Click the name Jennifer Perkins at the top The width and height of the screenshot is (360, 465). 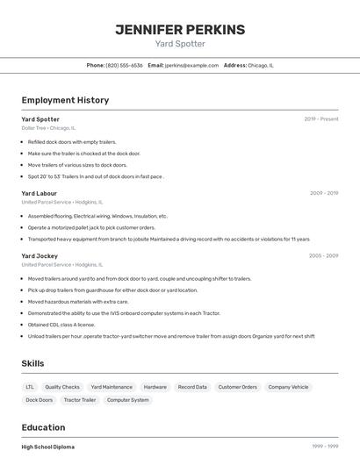point(180,30)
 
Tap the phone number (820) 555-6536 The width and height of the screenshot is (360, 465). point(124,65)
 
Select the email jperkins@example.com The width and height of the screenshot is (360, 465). point(191,65)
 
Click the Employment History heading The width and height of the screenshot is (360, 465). point(65,100)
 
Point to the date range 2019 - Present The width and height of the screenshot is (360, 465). point(320,118)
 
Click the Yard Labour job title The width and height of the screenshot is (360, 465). point(39,193)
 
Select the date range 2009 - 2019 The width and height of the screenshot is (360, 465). point(323,193)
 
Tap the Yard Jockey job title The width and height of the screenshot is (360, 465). point(40,256)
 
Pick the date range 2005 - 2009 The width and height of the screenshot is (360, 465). point(323,256)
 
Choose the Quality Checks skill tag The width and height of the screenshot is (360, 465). point(62,387)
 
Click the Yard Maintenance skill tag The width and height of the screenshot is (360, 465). point(112,387)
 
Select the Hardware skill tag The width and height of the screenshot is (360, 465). point(155,387)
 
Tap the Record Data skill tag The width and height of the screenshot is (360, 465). point(192,387)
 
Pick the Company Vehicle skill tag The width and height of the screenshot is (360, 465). point(288,387)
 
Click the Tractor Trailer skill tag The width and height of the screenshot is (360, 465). point(80,400)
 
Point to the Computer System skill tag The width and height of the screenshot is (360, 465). point(128,400)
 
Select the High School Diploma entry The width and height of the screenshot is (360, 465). point(48,447)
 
